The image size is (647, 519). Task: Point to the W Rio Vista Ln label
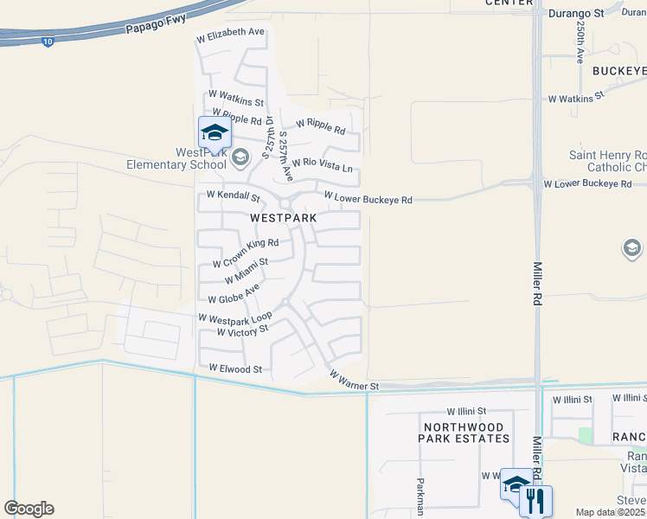(323, 163)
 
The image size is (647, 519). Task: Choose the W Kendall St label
(233, 197)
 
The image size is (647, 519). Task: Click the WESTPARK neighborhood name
(283, 219)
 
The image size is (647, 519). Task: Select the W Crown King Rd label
(246, 254)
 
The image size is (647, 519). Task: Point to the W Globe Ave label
(234, 294)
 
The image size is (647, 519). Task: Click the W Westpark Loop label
(235, 317)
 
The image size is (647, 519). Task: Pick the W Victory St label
(243, 330)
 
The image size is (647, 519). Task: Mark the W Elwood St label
(235, 368)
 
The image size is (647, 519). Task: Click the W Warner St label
(354, 380)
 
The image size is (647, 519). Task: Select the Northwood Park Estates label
(464, 432)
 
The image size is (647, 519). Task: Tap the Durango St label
(577, 14)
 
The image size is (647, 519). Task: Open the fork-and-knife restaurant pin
(535, 501)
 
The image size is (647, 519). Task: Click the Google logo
(29, 509)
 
